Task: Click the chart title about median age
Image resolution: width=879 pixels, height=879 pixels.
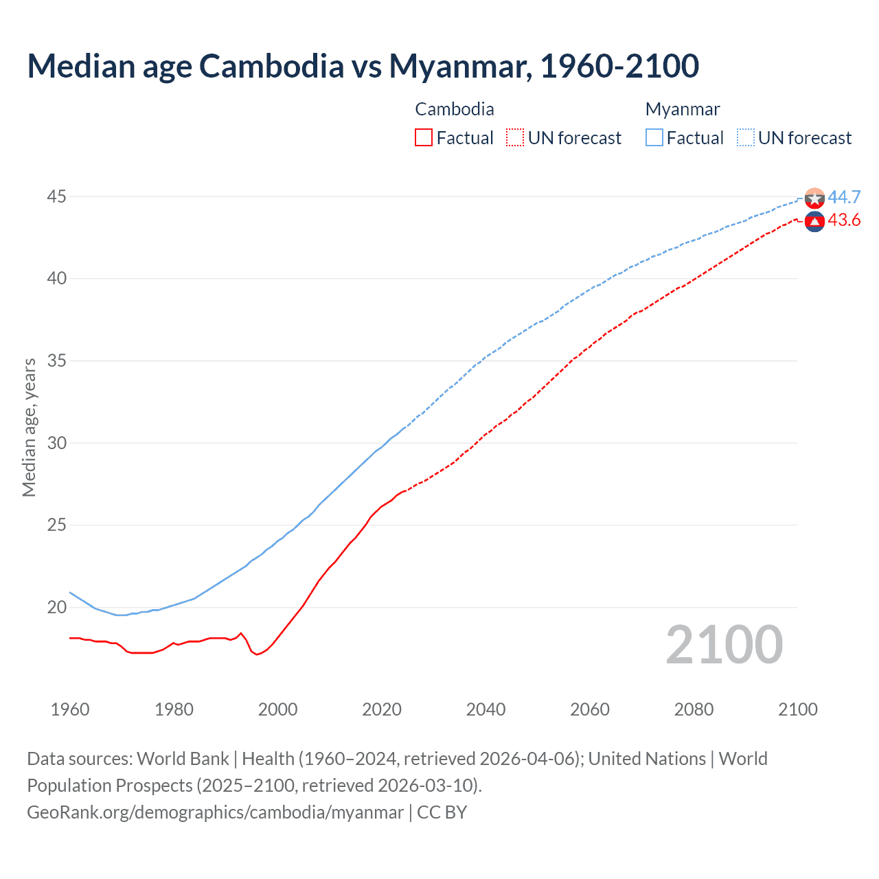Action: [363, 66]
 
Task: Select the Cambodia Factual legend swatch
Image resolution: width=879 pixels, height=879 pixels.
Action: [424, 137]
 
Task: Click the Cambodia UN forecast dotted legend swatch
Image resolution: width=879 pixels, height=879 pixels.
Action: [515, 137]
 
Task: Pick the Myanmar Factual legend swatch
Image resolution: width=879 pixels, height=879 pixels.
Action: [654, 137]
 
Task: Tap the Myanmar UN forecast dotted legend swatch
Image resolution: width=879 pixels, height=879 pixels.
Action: [745, 137]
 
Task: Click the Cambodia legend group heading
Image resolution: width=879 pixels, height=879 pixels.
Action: [454, 109]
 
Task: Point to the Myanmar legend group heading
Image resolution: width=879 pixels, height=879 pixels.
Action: [682, 109]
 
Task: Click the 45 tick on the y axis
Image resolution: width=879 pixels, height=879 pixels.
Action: [56, 197]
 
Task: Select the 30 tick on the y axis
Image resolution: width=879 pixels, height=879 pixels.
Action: [56, 443]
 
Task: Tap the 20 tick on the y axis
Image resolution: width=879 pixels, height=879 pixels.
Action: [56, 607]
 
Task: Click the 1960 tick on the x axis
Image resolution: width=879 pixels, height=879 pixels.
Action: [70, 709]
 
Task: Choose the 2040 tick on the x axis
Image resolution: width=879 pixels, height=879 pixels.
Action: [486, 709]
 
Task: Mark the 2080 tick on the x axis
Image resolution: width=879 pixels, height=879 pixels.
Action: [694, 709]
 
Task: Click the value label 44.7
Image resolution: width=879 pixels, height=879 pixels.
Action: [843, 198]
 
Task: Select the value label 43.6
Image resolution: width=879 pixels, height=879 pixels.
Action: [843, 220]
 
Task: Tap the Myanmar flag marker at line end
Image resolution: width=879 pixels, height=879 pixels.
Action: [814, 198]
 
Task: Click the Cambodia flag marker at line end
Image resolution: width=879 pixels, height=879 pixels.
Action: [814, 222]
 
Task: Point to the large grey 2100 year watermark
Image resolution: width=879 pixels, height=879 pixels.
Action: [724, 645]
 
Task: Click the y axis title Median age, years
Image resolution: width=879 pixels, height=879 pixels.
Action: [29, 427]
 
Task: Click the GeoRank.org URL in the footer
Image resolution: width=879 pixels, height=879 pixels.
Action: [215, 812]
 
